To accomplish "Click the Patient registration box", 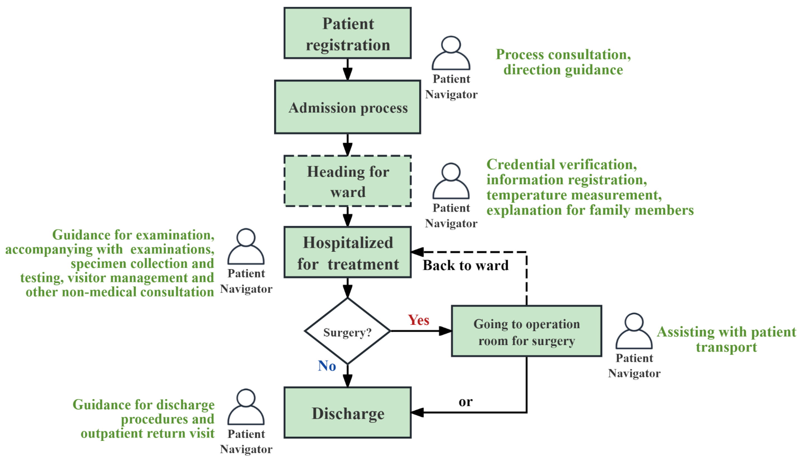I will (347, 33).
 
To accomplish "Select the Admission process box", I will (347, 107).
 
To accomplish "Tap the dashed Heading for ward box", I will (347, 181).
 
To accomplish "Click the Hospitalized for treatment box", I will (347, 252).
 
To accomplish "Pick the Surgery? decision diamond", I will (347, 331).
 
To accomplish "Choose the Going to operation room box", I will (526, 331).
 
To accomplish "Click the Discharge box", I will (347, 413).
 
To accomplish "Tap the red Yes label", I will (418, 320).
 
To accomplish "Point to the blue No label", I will (327, 366).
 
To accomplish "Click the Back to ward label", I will (465, 265).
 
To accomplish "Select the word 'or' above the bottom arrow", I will (466, 402).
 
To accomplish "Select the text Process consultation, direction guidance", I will (563, 62).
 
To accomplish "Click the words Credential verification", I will (562, 165).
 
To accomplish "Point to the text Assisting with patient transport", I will (726, 339).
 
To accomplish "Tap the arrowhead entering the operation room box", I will (445, 331).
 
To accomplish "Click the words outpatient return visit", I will (148, 433).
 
